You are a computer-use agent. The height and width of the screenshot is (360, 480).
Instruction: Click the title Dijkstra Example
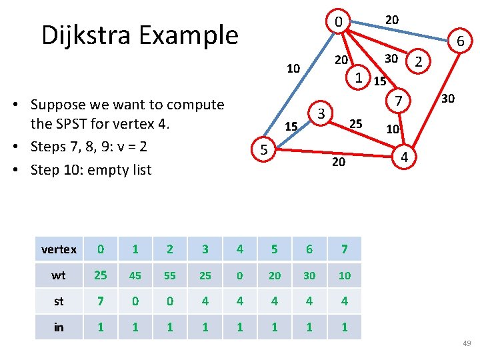[139, 35]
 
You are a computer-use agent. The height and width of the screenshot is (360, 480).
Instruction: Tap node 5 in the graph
[265, 151]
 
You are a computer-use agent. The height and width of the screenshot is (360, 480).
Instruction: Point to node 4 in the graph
[403, 157]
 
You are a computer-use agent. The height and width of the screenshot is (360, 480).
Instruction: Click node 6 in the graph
[460, 42]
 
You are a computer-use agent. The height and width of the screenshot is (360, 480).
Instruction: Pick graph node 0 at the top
[339, 23]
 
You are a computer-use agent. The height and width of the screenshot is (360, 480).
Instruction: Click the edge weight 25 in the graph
[356, 123]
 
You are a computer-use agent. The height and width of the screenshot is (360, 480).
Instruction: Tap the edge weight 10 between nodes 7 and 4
[393, 128]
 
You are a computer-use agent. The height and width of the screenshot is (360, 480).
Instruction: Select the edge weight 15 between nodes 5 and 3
[291, 126]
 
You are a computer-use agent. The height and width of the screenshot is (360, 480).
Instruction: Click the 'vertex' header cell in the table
[59, 249]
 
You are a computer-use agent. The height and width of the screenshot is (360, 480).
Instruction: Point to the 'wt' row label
[59, 275]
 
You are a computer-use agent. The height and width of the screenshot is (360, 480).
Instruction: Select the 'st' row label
[59, 301]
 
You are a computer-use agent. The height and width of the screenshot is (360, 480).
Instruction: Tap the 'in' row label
[59, 327]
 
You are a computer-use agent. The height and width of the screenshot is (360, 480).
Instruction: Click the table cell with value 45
[135, 275]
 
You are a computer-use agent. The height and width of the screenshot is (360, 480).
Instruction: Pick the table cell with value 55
[170, 275]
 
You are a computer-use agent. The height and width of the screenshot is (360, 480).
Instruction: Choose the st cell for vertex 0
[100, 301]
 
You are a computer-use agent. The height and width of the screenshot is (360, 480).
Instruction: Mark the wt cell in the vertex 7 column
[344, 275]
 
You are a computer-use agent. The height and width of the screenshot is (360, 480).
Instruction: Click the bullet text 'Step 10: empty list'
[91, 169]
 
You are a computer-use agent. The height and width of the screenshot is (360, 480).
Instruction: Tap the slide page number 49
[466, 343]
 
